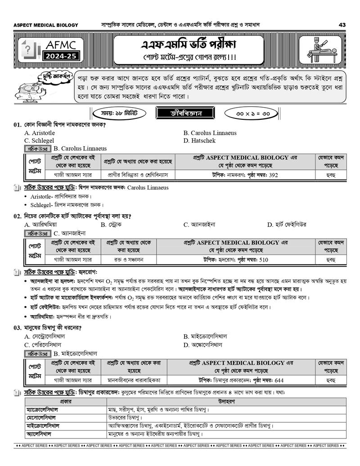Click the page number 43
tap(342, 25)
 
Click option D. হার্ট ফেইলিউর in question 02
tap(287, 224)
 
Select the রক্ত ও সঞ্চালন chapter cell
tap(128, 259)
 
